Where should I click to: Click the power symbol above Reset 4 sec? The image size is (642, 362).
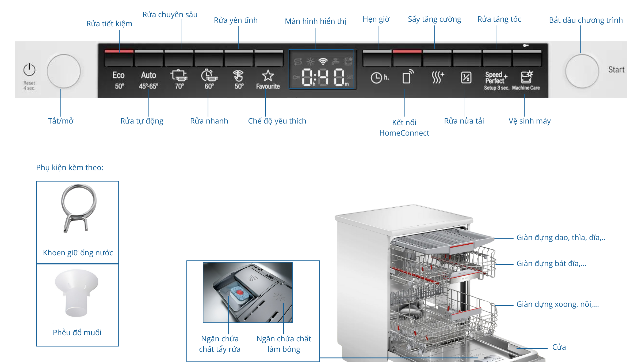pos(29,70)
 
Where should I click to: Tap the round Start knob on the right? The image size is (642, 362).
pos(582,71)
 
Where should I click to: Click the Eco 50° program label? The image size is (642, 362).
pos(119,80)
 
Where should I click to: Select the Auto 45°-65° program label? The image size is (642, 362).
pos(148,80)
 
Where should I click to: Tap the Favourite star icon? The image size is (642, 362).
pos(268,76)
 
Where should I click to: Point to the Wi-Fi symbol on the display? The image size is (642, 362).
pos(323,61)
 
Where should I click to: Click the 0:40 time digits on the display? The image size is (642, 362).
pos(323,77)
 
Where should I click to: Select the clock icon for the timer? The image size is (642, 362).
pos(376,78)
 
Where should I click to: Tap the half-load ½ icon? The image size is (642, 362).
pos(466,77)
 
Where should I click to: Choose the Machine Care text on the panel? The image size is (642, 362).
pos(526,88)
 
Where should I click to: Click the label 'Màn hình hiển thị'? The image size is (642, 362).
pos(315,21)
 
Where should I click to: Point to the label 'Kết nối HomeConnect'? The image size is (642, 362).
pos(404,128)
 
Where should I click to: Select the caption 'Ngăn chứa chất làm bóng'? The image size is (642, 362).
pos(284,344)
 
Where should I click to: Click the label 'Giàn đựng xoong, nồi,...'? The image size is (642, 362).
pos(557,304)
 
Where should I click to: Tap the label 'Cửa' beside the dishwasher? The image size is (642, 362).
pos(559,347)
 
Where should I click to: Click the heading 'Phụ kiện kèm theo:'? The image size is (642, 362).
pos(70,167)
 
